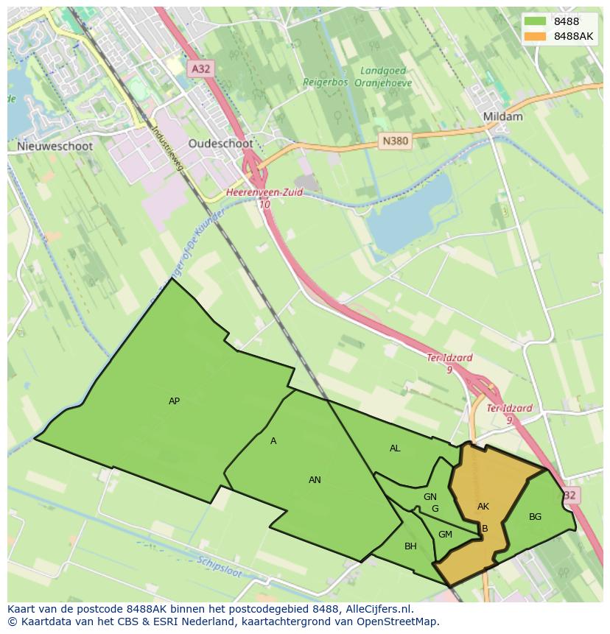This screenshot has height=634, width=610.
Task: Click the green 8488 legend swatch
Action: coord(536,21)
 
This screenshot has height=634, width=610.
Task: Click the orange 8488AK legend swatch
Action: coord(536,36)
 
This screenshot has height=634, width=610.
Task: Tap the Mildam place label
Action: coord(502,116)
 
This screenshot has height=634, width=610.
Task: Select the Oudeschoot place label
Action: coord(220,144)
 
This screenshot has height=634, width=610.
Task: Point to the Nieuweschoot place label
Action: coord(55,146)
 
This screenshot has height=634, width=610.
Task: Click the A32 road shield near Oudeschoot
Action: coord(200,68)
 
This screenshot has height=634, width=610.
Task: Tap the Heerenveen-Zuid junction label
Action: coord(264,193)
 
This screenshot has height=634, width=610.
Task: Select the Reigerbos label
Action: coord(325,82)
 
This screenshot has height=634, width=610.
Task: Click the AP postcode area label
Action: coord(174,401)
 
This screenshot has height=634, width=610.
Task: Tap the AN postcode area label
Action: coord(315,480)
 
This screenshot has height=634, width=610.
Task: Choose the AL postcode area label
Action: coord(395,448)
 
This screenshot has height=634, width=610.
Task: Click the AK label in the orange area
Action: coord(483,507)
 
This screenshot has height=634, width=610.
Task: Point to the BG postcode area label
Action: coord(535,517)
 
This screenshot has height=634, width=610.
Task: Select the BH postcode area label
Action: coord(410,546)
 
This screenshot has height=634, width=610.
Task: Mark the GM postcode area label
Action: coord(445,535)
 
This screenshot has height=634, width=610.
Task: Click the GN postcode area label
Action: coord(430,497)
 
